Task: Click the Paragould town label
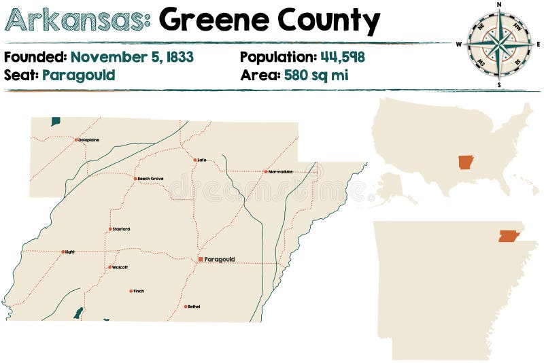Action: pyautogui.click(x=220, y=259)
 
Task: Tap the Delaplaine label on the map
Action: pyautogui.click(x=89, y=140)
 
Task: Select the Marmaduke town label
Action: pyautogui.click(x=281, y=171)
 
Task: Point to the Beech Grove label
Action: pyautogui.click(x=151, y=179)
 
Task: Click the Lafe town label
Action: pyautogui.click(x=202, y=160)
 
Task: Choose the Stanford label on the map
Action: pyautogui.click(x=121, y=229)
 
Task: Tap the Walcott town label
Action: pyautogui.click(x=120, y=267)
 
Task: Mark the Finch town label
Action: pyautogui.click(x=139, y=291)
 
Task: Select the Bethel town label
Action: pyautogui.click(x=194, y=307)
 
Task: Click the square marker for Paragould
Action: pyautogui.click(x=200, y=259)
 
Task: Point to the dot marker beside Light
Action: pyautogui.click(x=63, y=252)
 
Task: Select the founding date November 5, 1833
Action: pyautogui.click(x=132, y=57)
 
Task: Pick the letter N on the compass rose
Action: pyautogui.click(x=499, y=5)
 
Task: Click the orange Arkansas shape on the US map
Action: pyautogui.click(x=466, y=162)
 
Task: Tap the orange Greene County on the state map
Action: pyautogui.click(x=508, y=236)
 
